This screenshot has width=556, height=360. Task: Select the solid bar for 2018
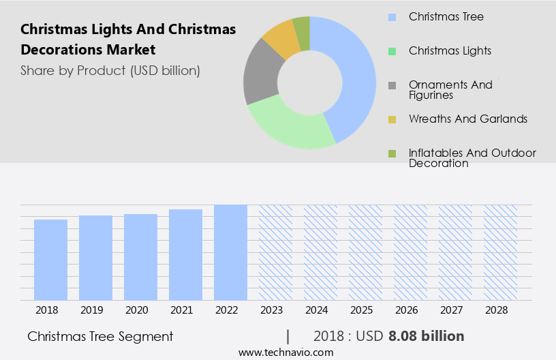coord(50,260)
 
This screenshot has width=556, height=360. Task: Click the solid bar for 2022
coord(230,252)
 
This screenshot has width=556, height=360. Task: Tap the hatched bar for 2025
coord(365,252)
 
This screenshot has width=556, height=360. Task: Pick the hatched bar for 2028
coord(500,252)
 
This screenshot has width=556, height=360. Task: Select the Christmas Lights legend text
coord(450,50)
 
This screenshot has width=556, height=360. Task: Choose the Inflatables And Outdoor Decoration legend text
coord(472,157)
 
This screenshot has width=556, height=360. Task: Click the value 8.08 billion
coord(426,336)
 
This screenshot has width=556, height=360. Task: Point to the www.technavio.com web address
coord(285,352)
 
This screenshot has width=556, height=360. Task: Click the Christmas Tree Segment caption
coord(100,336)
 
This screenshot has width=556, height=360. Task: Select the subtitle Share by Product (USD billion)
coord(110,70)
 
